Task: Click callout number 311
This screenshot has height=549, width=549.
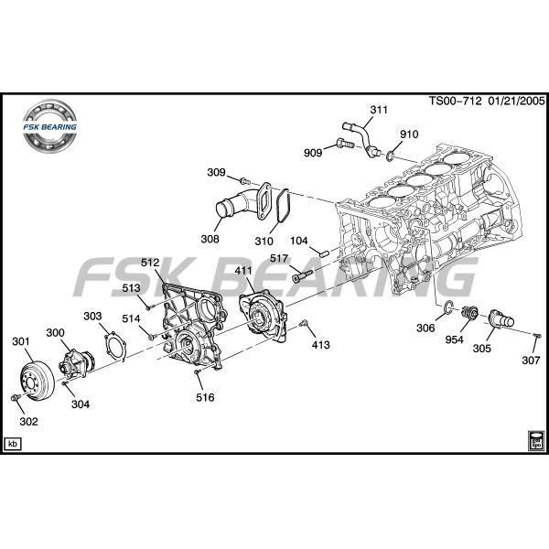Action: click(x=379, y=111)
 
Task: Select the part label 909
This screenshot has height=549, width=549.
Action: click(x=313, y=153)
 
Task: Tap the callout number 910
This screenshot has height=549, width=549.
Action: click(x=408, y=135)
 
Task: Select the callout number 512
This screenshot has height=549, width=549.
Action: click(x=151, y=263)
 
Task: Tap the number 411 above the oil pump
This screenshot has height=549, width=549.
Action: click(x=243, y=271)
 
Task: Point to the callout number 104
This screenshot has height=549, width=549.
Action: click(x=299, y=241)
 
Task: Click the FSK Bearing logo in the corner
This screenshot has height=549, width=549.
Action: click(x=52, y=127)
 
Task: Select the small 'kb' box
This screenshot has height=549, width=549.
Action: click(x=14, y=444)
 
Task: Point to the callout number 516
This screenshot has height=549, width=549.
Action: click(x=205, y=397)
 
